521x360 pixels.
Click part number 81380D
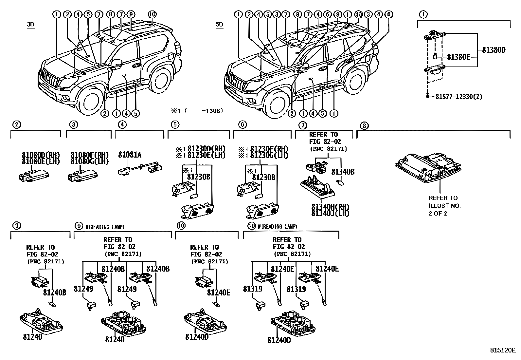coord(494,50)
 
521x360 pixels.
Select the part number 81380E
coord(458,57)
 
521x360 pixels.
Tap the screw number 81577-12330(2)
coord(458,96)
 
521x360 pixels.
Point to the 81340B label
coord(343,172)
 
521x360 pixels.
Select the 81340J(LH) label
coord(330,213)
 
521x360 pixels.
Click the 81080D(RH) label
coord(41,155)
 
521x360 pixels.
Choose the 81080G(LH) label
coord(90,161)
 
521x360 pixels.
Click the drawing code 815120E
coord(502,350)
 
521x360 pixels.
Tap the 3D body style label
coord(31,25)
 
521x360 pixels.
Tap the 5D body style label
coord(219,25)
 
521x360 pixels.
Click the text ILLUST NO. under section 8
coord(444,206)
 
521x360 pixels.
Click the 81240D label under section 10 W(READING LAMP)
coord(279,340)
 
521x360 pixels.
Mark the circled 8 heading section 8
coord(364,125)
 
